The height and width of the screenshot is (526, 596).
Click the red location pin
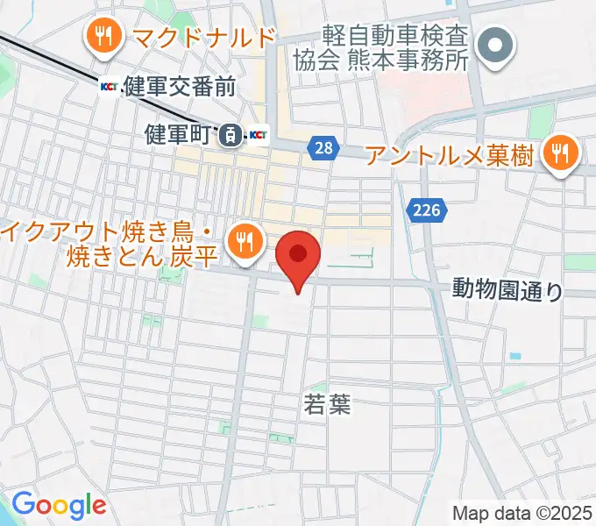coord(299,256)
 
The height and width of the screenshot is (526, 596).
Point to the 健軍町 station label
coord(179,135)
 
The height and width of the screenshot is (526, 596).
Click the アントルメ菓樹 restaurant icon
coord(557,154)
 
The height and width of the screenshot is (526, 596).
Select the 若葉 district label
coord(326,403)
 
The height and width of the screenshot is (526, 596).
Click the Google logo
coord(59,505)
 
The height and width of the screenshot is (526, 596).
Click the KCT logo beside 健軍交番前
coord(110,86)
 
